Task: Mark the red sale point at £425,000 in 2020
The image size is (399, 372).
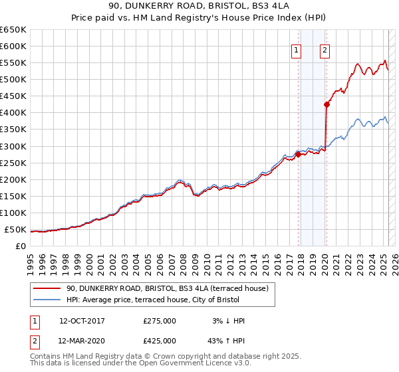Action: (x=327, y=104)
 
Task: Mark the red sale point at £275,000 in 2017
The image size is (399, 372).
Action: (x=298, y=154)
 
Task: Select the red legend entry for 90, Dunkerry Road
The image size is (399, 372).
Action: (x=166, y=288)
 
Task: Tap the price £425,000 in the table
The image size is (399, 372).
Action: (x=160, y=340)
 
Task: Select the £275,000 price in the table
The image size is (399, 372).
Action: (x=160, y=321)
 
